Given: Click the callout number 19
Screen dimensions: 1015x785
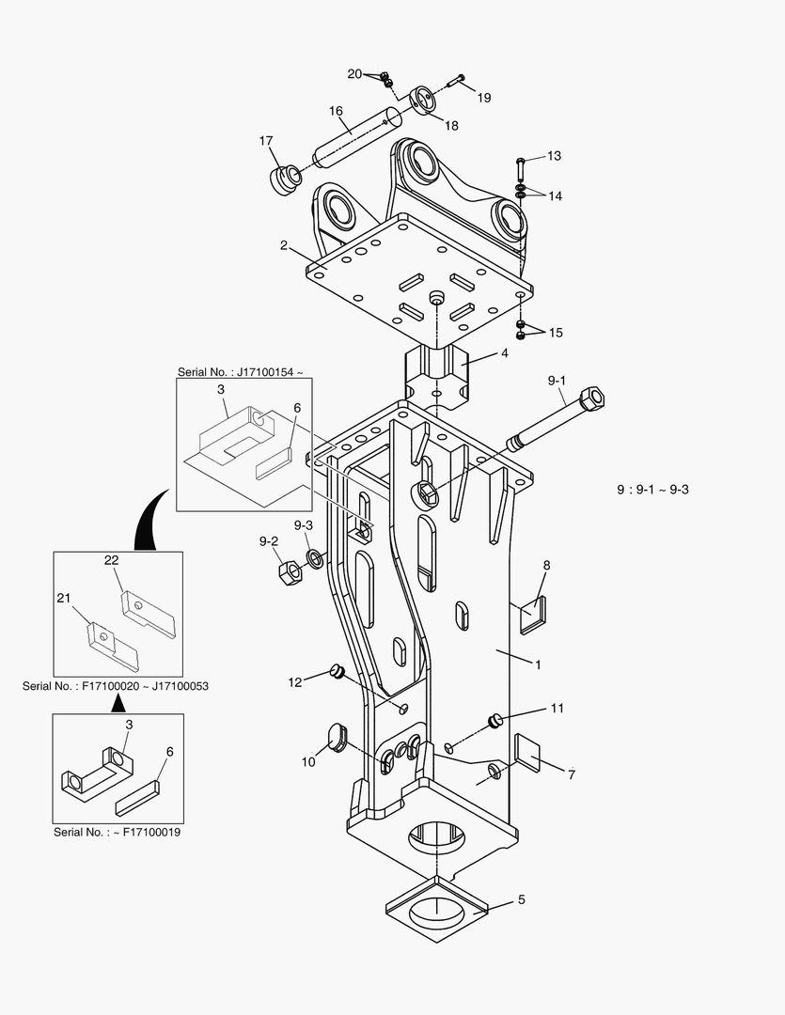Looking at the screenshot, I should (483, 98).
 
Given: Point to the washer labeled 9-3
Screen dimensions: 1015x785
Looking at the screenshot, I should (316, 559).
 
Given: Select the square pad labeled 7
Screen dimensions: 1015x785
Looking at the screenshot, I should (530, 754).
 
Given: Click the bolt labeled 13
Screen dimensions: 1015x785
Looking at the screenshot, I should (520, 169).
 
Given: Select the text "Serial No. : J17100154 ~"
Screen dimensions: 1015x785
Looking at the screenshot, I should (241, 372).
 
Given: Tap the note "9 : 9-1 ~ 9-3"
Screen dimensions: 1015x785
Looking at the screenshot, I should (652, 490).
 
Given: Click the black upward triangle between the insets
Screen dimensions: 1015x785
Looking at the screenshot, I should (117, 701).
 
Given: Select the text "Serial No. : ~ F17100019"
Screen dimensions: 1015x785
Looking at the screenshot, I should (117, 832).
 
